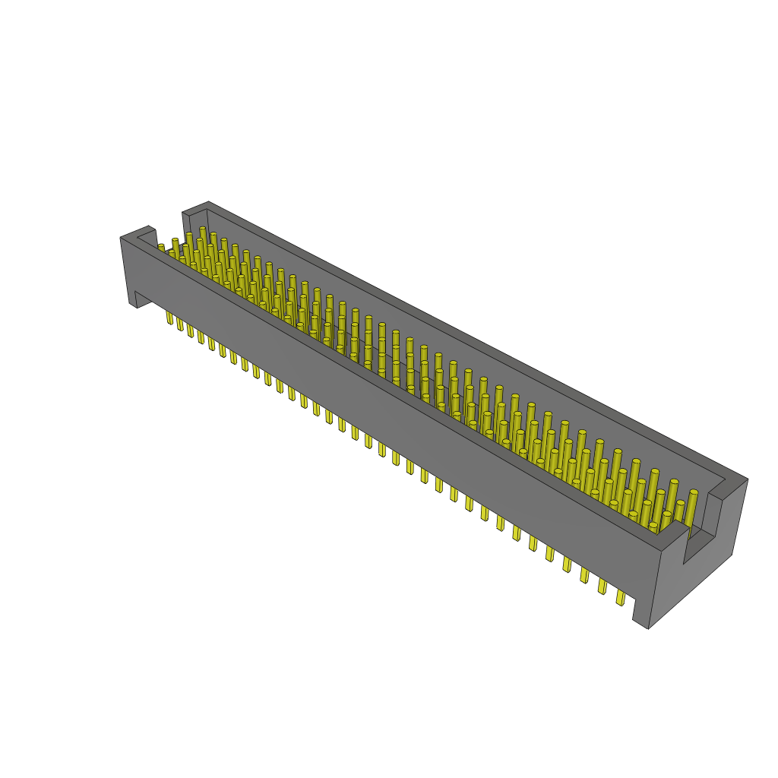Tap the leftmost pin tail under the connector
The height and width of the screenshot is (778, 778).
169,317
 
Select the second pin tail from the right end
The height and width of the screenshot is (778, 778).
602,587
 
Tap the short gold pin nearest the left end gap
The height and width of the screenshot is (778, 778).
161,247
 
